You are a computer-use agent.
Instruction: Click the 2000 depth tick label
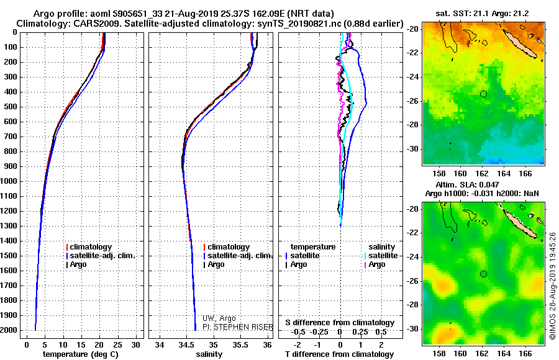[x=11, y=330]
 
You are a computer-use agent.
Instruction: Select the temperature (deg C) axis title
[x=81, y=354]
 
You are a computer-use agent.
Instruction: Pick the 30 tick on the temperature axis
[x=136, y=344]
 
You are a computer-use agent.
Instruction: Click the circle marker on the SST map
[x=483, y=94]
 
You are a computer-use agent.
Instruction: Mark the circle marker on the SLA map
[x=483, y=274]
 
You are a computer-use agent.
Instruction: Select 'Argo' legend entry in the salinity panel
[x=216, y=264]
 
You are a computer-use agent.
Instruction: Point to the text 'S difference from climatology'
[x=340, y=323]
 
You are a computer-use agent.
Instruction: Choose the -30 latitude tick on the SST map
[x=412, y=149]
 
